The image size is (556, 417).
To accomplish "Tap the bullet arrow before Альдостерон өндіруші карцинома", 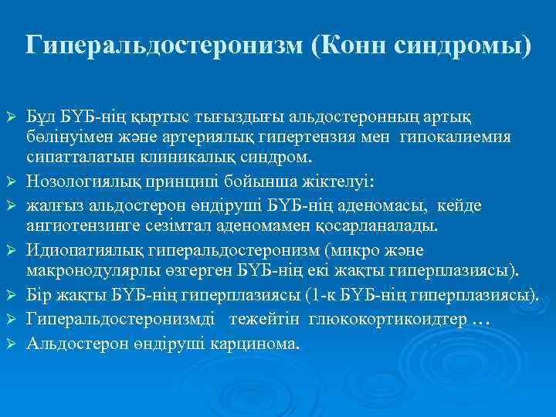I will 12,341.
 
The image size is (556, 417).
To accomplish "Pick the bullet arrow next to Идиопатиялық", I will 12,252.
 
